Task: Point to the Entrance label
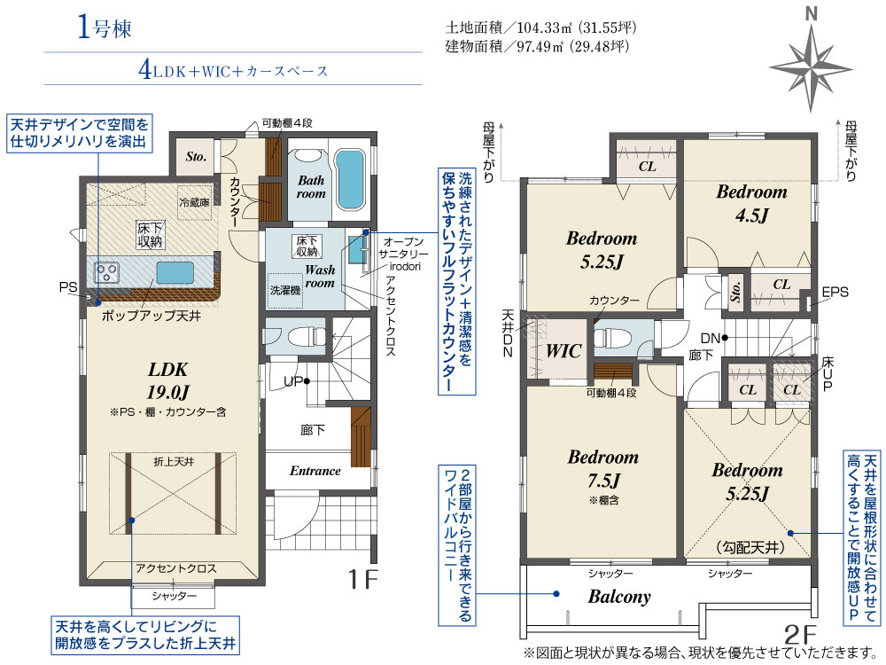pos(315,471)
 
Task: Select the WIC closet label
pos(563,351)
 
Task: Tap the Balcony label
pos(619,597)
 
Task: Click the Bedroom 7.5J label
pos(602,468)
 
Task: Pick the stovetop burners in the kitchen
pos(107,271)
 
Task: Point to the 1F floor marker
pos(362,581)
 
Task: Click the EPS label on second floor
pos(834,292)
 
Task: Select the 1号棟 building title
pos(104,29)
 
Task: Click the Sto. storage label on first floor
pos(196,156)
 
